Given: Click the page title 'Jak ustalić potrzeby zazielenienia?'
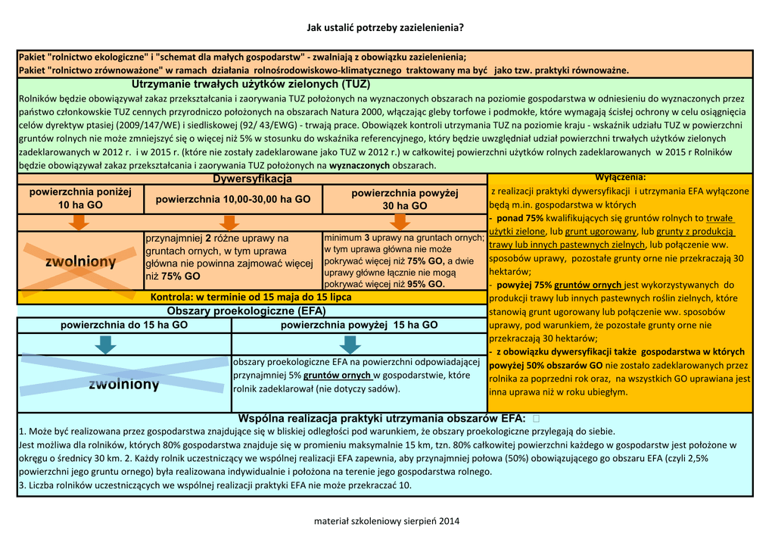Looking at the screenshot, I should (x=384, y=28).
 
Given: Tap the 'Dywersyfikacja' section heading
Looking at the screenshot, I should (x=252, y=179).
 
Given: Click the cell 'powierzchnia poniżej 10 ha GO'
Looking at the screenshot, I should (x=80, y=199).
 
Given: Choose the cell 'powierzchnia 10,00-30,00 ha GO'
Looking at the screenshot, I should (x=232, y=199).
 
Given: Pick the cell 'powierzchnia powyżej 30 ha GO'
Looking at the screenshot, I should (x=404, y=199).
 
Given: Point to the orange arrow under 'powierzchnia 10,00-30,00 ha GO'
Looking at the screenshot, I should (x=229, y=222).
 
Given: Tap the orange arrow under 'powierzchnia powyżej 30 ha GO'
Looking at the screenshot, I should (x=401, y=222).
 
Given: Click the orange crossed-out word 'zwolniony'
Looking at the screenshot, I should (x=80, y=262).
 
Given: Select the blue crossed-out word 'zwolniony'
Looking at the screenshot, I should (x=124, y=384).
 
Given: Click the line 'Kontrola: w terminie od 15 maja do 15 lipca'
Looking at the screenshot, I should (x=251, y=297).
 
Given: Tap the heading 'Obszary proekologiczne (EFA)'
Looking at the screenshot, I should (x=246, y=311).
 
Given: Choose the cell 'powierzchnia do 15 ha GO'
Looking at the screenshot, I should (x=124, y=325).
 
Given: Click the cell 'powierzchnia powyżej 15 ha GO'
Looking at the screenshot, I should (x=359, y=325).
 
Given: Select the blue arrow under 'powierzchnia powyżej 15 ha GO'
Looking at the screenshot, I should (x=350, y=345).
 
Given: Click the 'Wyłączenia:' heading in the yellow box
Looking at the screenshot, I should (x=620, y=177).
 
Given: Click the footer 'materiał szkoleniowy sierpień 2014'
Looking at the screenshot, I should (x=387, y=521).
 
